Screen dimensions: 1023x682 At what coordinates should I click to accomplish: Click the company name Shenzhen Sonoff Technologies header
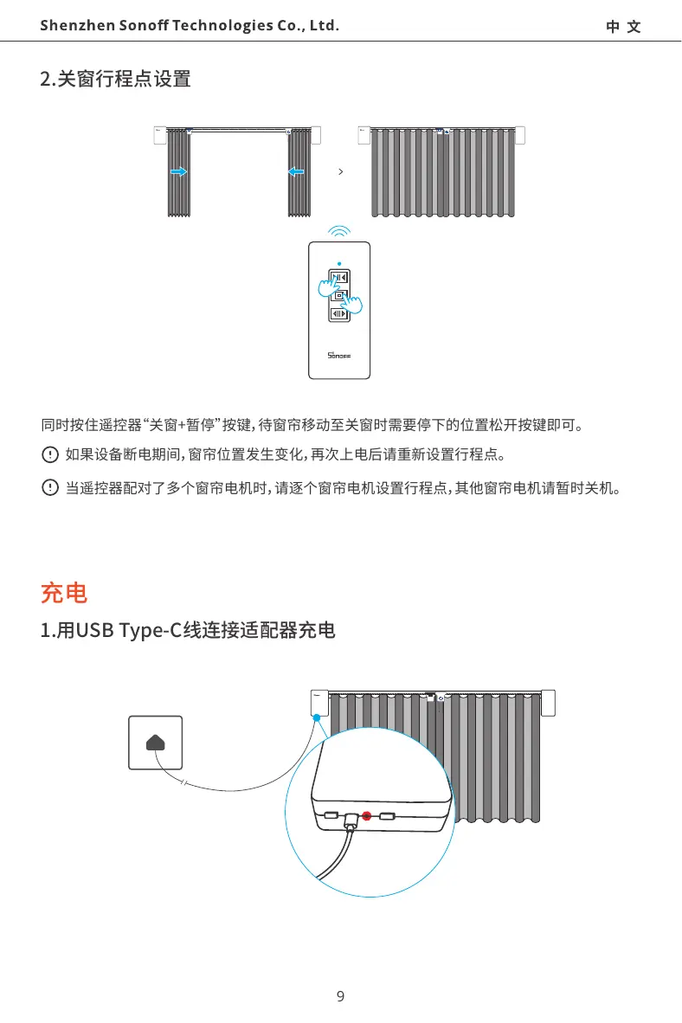click(x=189, y=25)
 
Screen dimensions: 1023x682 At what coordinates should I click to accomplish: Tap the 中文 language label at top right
click(x=623, y=27)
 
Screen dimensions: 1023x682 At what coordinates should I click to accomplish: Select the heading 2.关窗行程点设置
click(x=116, y=80)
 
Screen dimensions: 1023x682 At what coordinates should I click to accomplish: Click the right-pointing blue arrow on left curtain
click(x=178, y=172)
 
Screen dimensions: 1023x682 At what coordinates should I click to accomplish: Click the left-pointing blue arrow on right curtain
click(x=296, y=172)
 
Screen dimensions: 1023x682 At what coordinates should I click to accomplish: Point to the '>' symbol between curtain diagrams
click(x=341, y=172)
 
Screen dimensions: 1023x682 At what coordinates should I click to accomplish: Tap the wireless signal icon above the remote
click(x=340, y=231)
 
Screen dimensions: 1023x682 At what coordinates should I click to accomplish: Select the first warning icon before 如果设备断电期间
click(x=49, y=454)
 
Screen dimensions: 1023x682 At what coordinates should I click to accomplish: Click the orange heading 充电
click(x=64, y=594)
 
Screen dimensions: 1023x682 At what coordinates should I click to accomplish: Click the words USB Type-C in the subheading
click(x=124, y=631)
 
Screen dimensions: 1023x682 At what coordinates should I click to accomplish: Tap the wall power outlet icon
click(x=156, y=743)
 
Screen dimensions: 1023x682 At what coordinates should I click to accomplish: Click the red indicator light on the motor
click(x=367, y=815)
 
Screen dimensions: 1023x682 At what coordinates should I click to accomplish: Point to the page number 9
click(x=340, y=996)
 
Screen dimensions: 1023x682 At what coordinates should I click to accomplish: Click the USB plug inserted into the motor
click(x=351, y=820)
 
